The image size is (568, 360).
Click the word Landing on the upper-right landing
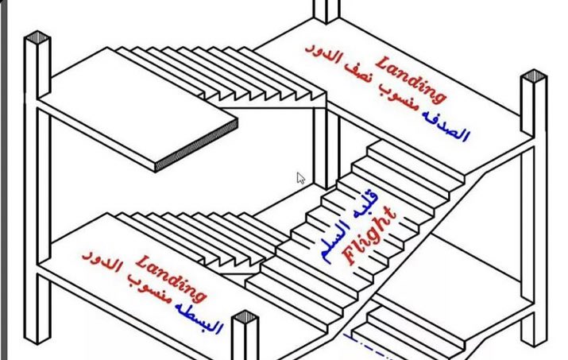411,79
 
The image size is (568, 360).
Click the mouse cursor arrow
301,177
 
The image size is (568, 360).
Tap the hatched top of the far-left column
37,38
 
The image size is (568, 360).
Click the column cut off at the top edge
326,10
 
